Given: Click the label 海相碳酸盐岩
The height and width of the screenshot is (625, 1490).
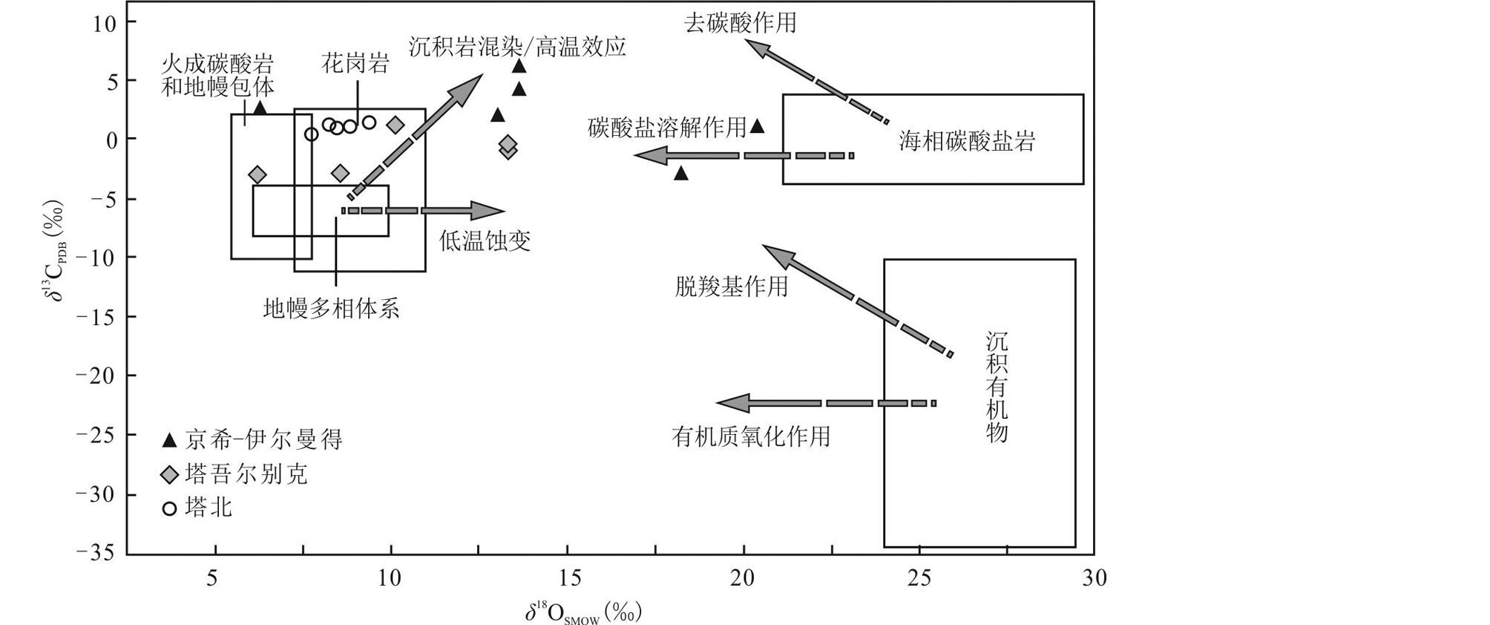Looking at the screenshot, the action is click(x=966, y=141).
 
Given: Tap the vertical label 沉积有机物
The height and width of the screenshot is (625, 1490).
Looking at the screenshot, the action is click(x=997, y=387).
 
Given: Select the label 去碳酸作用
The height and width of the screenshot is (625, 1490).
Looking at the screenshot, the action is click(x=740, y=23).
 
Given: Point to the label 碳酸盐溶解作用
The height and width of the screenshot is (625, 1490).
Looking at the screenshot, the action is click(x=666, y=128).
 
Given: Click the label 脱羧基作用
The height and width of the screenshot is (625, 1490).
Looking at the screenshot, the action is click(x=731, y=287).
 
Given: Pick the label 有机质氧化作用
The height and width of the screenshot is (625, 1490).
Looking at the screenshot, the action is click(x=750, y=436).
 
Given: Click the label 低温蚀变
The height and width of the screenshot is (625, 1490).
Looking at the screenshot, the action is click(x=485, y=241).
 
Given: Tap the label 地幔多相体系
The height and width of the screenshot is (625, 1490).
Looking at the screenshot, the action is click(x=331, y=308).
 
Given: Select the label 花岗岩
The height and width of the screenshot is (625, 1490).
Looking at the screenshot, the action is click(x=355, y=64).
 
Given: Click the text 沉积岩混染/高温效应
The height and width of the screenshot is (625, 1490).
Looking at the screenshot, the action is click(x=517, y=47).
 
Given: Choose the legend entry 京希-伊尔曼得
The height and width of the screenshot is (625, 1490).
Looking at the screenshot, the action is click(x=253, y=440).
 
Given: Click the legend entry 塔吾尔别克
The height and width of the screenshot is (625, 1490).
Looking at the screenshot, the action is click(x=235, y=474).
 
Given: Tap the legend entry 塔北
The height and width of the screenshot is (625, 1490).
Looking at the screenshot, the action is click(x=198, y=508).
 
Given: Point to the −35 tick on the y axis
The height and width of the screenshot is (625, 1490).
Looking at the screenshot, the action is click(x=96, y=553).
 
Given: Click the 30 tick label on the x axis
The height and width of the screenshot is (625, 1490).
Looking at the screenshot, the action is click(x=1094, y=578).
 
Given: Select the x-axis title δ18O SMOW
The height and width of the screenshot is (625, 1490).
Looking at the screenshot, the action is click(x=583, y=613).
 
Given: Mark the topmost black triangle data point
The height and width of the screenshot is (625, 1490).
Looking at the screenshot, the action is click(x=519, y=66).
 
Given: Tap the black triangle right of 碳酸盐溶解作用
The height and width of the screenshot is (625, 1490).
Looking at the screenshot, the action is click(x=758, y=126).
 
